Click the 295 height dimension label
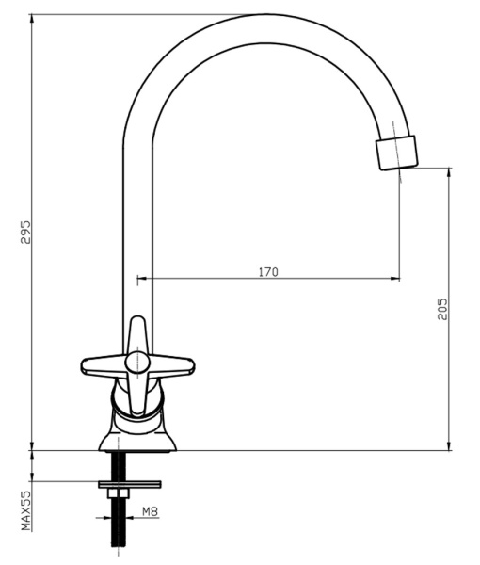pos(26,232)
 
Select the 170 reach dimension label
pos(268,272)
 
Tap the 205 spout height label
pos(442,309)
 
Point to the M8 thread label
pos(151,511)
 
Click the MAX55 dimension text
pos(26,510)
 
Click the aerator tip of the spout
pos(396,153)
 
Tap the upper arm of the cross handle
pos(136,333)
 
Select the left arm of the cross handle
pos(104,365)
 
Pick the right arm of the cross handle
pos(171,366)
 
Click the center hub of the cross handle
pos(136,363)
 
